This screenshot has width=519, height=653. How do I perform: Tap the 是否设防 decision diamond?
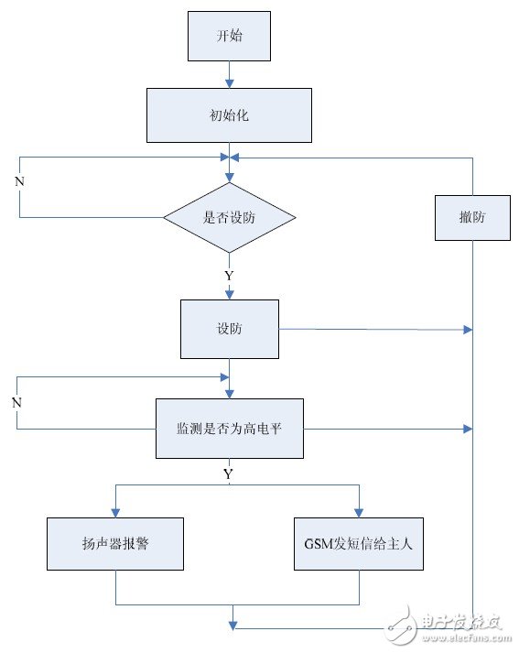[x=229, y=218]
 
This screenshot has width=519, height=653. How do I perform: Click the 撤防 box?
[x=472, y=217]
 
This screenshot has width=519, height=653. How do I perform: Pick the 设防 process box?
[x=229, y=328]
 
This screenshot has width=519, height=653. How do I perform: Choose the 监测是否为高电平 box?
[x=229, y=428]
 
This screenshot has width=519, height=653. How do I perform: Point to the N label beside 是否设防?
[x=20, y=181]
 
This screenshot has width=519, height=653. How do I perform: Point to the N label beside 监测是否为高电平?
[x=16, y=402]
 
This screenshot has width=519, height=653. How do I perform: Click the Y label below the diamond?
[x=229, y=275]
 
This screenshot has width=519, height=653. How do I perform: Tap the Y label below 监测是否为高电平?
[x=229, y=473]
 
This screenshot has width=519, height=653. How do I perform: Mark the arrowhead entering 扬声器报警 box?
[x=115, y=512]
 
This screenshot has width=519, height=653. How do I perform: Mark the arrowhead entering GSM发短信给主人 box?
[x=358, y=512]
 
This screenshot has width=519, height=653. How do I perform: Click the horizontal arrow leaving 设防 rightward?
[x=375, y=328]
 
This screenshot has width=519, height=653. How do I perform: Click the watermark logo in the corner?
[x=449, y=628]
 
